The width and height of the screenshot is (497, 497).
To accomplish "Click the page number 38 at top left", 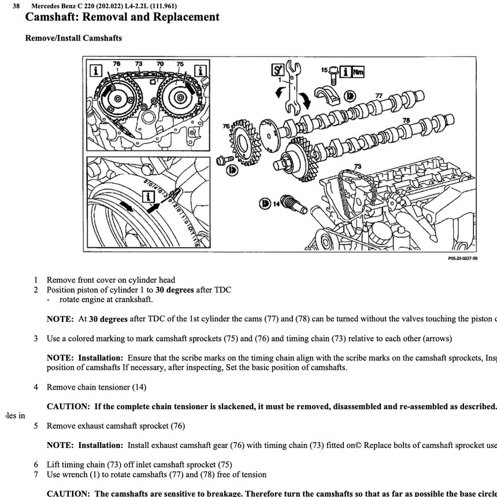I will (x=17, y=6).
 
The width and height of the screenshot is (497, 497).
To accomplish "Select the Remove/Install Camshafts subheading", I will (x=73, y=38).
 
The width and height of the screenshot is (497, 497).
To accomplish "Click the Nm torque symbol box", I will (x=358, y=72).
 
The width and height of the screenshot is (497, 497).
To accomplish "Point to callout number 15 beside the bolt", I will (x=324, y=70).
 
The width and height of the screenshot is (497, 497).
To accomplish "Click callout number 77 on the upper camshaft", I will (x=379, y=95).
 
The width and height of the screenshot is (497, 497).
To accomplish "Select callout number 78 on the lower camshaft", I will (x=406, y=120).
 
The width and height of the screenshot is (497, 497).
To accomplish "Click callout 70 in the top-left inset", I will (x=160, y=64).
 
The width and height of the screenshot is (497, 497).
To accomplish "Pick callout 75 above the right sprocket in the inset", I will (x=180, y=64).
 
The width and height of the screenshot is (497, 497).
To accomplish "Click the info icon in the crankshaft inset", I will (x=151, y=197).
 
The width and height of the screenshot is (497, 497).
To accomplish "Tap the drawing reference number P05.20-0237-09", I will (x=462, y=258).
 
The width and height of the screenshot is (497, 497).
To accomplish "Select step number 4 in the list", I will (x=36, y=387).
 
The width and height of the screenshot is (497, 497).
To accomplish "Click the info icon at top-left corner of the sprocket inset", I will (x=96, y=71).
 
